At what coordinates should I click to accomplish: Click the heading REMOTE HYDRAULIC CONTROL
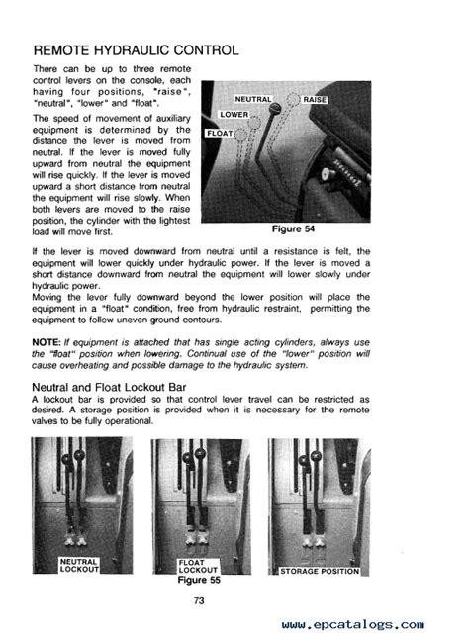click(136, 50)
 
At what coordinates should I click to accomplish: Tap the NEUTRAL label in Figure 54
click(253, 100)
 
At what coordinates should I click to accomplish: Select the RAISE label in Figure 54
click(315, 100)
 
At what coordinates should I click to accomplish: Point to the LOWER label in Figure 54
click(234, 115)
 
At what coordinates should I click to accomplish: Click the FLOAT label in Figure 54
click(220, 134)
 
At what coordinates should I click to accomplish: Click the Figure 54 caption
click(293, 229)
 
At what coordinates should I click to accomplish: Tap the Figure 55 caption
click(199, 580)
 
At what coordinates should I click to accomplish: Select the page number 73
click(199, 600)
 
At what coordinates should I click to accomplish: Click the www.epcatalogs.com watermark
click(352, 625)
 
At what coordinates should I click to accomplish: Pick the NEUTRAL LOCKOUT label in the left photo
click(79, 565)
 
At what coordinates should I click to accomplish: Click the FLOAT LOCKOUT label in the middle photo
click(198, 567)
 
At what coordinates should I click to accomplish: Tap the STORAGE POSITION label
click(320, 571)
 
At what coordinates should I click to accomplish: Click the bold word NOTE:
click(47, 342)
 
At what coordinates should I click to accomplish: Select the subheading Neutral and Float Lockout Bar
click(109, 387)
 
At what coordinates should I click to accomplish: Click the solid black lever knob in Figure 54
click(275, 108)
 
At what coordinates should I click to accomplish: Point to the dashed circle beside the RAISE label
click(293, 99)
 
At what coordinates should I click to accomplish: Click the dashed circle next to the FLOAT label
click(241, 135)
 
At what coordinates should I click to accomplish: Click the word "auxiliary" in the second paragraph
click(173, 119)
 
